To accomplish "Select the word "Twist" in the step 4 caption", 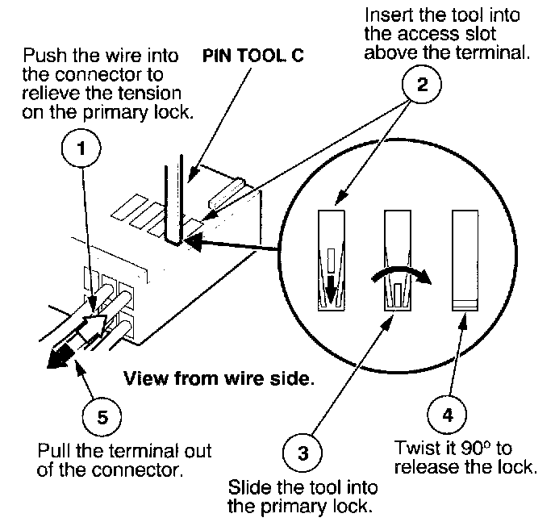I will click(413, 447).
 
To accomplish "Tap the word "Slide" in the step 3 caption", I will click(248, 489).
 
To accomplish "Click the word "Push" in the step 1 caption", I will click(40, 58).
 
